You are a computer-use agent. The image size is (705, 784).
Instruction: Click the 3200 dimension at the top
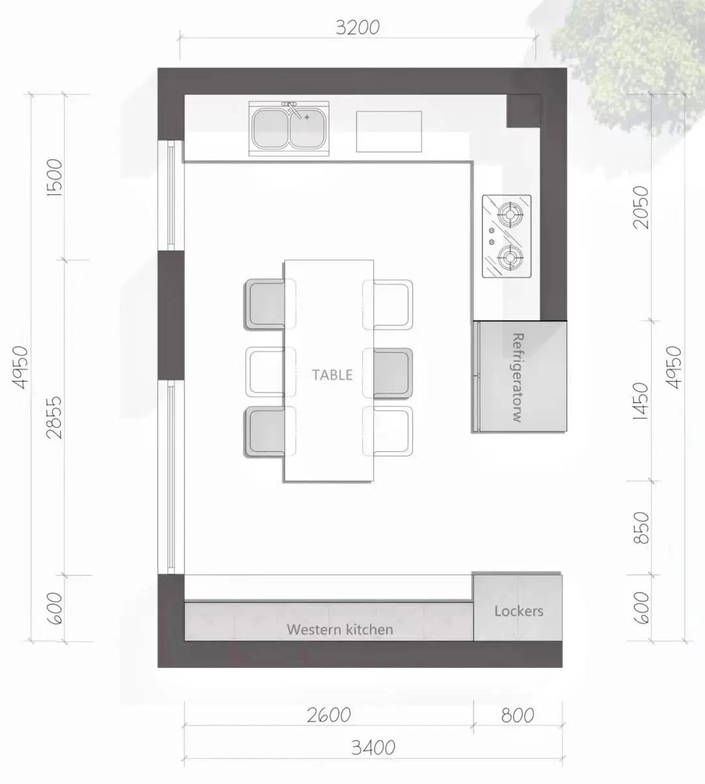tap(357, 28)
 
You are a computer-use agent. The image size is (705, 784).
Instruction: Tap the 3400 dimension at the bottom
tap(373, 747)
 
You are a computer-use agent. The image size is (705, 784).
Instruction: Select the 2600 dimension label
tap(329, 715)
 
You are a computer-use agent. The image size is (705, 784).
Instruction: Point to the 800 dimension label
tap(518, 715)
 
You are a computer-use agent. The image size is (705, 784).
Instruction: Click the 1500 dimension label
tap(55, 177)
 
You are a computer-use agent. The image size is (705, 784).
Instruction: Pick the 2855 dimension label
tap(54, 417)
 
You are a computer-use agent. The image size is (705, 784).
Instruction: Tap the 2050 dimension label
tap(640, 207)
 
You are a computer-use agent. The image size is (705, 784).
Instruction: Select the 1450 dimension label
tap(640, 401)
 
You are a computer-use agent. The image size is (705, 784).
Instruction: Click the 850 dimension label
tap(640, 528)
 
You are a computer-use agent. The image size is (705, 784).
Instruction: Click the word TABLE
tap(332, 375)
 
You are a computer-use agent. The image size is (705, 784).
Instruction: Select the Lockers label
tap(519, 611)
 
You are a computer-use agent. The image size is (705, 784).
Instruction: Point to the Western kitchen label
tap(339, 629)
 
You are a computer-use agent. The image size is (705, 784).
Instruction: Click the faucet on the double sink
tap(293, 110)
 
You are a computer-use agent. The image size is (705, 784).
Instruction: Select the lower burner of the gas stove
tap(511, 257)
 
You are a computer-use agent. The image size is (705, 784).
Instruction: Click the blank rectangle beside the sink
tap(389, 132)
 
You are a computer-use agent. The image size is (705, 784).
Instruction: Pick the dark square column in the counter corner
tap(524, 111)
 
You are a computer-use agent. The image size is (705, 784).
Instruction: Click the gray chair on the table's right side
tap(392, 373)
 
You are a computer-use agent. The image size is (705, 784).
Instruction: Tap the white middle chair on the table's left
tap(266, 372)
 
